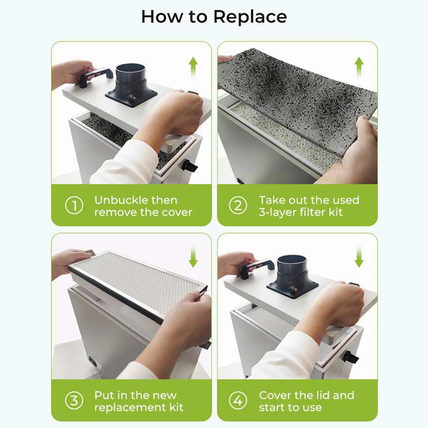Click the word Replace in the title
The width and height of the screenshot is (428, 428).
pos(250,17)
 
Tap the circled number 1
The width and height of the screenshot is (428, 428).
pos(74,205)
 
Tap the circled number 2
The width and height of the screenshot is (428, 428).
pos(238,205)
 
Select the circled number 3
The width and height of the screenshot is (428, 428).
pos(74,401)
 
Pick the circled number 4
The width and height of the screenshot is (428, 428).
pos(238,401)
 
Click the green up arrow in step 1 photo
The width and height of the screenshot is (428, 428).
pos(193,67)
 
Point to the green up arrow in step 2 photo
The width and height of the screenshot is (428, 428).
pos(359,67)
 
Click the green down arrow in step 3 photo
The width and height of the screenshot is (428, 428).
pos(193,256)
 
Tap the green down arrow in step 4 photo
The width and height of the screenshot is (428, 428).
pos(359,256)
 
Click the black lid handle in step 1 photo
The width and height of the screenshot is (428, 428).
pos(95,75)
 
